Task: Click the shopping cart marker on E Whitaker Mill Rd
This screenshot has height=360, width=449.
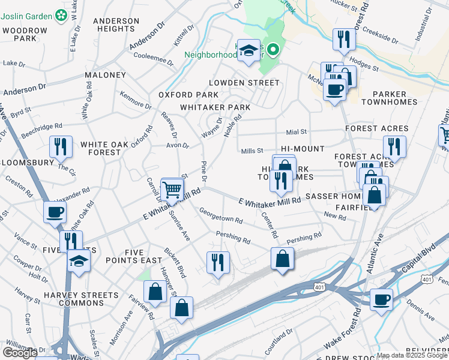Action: (x=172, y=190)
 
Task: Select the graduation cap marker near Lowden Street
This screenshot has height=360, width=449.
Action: (x=248, y=51)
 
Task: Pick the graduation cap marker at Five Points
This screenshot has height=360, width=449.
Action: (x=79, y=261)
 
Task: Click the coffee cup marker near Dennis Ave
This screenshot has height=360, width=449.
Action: (x=381, y=299)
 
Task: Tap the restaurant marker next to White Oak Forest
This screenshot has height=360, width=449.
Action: (x=61, y=147)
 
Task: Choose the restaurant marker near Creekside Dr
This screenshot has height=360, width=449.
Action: (x=344, y=40)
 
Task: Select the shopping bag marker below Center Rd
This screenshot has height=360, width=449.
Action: (x=282, y=259)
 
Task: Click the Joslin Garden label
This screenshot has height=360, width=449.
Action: (x=31, y=14)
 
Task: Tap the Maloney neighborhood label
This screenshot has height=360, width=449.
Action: (x=105, y=75)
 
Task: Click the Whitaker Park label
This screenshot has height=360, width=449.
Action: (x=215, y=107)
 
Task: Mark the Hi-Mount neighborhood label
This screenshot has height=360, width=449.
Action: (x=303, y=148)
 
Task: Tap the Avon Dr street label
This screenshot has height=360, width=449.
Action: (x=178, y=146)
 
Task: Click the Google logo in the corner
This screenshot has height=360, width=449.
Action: (x=19, y=353)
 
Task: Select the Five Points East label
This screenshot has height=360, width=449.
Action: (x=135, y=256)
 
